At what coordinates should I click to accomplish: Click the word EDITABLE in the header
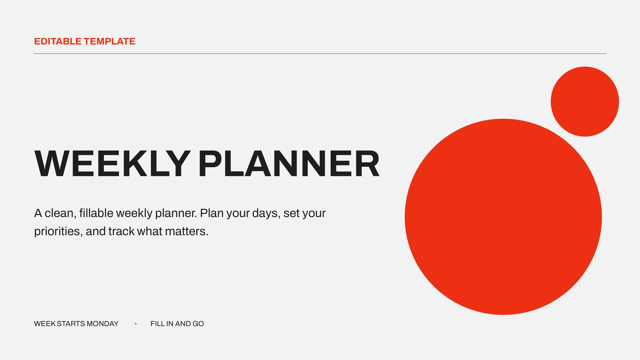coord(58,41)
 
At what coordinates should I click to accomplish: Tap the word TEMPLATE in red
coord(110,41)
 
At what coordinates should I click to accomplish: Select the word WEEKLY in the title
coord(113,163)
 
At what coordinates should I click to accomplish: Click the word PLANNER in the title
coord(289,163)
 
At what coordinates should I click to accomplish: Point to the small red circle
coord(585,101)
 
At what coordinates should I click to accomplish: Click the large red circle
coord(503,217)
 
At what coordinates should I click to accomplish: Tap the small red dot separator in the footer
coord(136,324)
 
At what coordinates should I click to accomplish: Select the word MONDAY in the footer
coord(102,324)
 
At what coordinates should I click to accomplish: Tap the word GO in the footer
coord(198,324)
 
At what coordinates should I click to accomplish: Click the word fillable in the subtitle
coord(96,213)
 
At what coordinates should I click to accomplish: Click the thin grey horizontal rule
coord(320,53)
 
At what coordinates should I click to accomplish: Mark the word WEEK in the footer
coord(45,324)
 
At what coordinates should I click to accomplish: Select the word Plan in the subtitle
coord(212,213)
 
